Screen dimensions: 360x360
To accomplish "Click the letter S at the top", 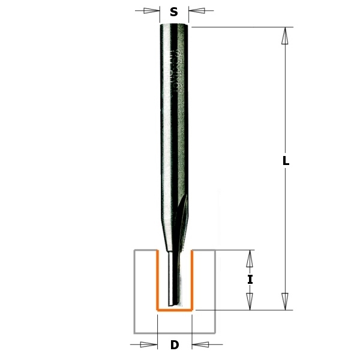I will (x=174, y=11).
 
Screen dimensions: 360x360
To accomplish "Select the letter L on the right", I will (x=286, y=161).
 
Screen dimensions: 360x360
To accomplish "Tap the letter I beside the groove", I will (x=250, y=280).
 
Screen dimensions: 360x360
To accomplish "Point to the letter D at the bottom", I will (x=175, y=345).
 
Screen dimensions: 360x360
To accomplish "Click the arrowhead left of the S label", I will (x=154, y=10).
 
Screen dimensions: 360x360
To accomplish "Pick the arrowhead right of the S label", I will (x=196, y=10).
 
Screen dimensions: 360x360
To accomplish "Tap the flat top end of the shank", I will (x=175, y=23).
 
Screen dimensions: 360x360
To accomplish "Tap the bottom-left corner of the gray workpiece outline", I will (x=134, y=332).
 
